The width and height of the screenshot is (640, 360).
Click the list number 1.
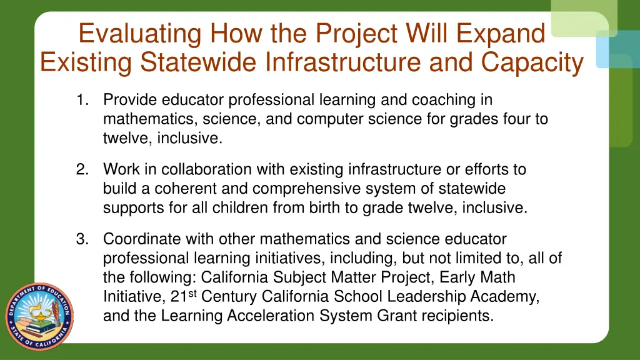pos(82,100)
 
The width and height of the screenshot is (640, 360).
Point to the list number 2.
pos(82,169)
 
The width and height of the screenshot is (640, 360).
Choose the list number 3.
pos(82,239)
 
